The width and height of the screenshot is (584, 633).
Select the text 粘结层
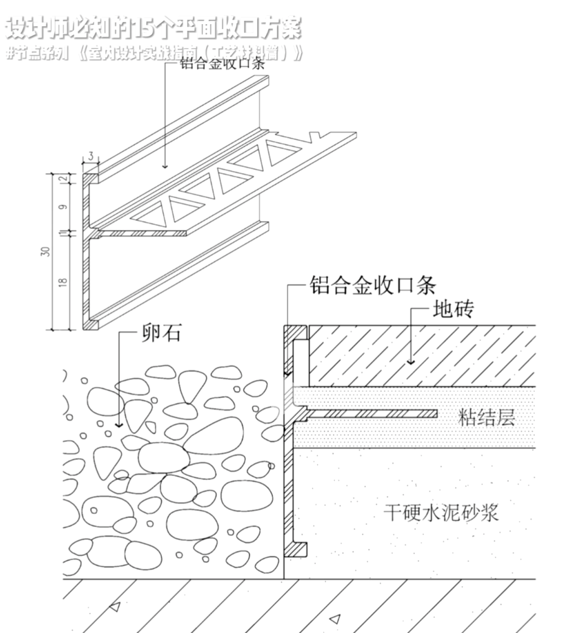coord(486,418)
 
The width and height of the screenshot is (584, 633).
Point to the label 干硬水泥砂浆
coord(441,513)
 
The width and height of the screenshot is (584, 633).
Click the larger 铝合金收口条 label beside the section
coord(373,285)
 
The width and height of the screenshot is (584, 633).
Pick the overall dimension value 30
coord(47,252)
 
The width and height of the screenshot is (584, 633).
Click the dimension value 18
coord(63,282)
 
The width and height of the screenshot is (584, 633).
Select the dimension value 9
coord(63,207)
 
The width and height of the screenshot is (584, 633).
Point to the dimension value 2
coord(63,179)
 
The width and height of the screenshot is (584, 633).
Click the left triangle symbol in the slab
coord(114,606)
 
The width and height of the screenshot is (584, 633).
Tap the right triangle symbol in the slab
coord(335,619)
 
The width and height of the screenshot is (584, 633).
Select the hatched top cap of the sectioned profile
coord(296,333)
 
